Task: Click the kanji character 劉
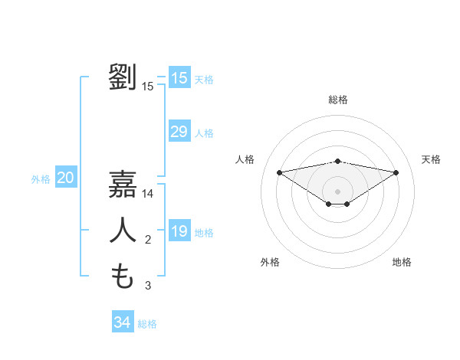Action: pos(123,77)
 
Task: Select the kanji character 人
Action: pos(123,230)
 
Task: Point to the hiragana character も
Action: pos(123,276)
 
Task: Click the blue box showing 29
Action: pos(179,132)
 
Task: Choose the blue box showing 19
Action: pos(179,231)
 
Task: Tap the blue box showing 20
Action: pos(66,178)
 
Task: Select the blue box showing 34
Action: pos(123,322)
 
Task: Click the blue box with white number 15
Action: pos(179,77)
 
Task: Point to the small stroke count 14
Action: pos(148,195)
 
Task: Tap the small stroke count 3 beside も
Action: pos(148,286)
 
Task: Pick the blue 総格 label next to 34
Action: pos(148,324)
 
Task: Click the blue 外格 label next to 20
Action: pos(41,179)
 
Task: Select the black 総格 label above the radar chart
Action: pos(337,100)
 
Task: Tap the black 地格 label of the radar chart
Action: pos(402,262)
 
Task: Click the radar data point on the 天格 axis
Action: pos(396,172)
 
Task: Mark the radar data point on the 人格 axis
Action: pos(279,172)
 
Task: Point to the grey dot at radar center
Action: pos(337,191)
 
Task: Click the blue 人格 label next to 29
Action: pos(205,133)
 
